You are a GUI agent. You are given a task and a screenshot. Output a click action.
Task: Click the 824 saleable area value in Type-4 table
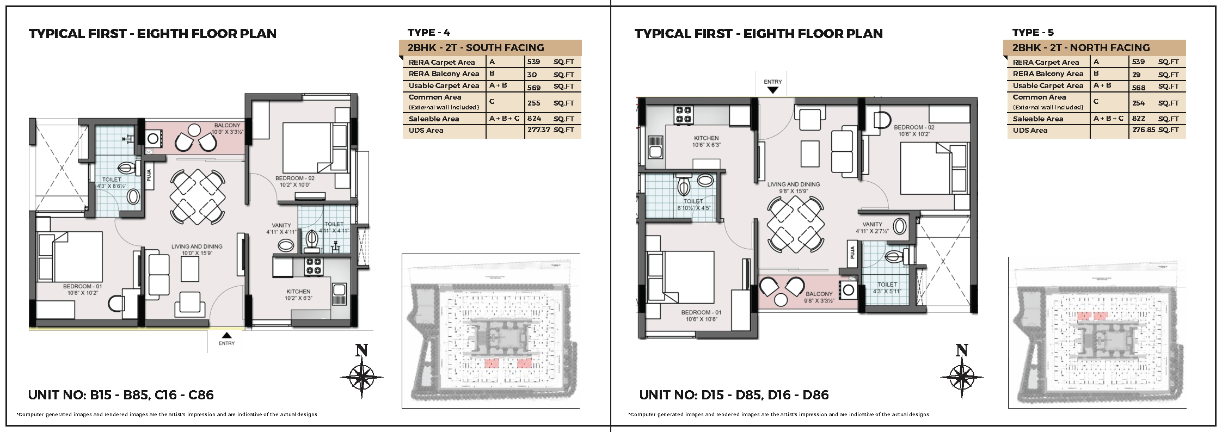pyautogui.click(x=534, y=118)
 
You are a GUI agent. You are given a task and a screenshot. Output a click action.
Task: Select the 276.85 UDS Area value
pyautogui.click(x=1143, y=130)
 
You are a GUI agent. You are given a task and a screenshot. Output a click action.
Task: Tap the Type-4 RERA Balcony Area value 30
pyautogui.click(x=532, y=75)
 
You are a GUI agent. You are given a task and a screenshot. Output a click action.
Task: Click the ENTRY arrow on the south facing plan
pyautogui.click(x=226, y=335)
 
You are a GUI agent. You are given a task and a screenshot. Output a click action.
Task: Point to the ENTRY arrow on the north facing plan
pyautogui.click(x=773, y=90)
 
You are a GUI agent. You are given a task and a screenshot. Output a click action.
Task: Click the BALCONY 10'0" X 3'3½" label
pyautogui.click(x=227, y=128)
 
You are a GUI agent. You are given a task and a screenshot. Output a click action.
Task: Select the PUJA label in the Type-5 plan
pyautogui.click(x=852, y=252)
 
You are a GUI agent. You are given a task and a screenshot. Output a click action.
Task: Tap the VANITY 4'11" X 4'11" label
pyautogui.click(x=281, y=229)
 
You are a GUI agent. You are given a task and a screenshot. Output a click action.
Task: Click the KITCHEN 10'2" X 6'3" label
pyautogui.click(x=298, y=294)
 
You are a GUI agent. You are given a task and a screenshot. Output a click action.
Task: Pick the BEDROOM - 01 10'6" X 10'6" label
pyautogui.click(x=701, y=316)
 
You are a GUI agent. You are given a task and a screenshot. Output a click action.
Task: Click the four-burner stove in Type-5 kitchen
pyautogui.click(x=684, y=114)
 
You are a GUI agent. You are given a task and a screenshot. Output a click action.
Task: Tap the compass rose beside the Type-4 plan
pyautogui.click(x=361, y=377)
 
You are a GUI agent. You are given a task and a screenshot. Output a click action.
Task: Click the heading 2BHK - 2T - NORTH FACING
pyautogui.click(x=1081, y=48)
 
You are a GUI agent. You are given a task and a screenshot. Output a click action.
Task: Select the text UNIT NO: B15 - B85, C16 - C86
pyautogui.click(x=121, y=395)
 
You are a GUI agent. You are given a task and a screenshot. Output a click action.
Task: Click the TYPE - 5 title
pyautogui.click(x=1033, y=33)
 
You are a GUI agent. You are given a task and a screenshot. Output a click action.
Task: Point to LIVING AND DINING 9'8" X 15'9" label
pyautogui.click(x=793, y=188)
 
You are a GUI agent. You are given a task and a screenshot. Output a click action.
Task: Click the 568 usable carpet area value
pyautogui.click(x=1139, y=88)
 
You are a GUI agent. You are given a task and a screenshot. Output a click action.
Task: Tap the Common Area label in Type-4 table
pyautogui.click(x=435, y=97)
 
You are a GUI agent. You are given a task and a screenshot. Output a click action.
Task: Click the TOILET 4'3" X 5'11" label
pyautogui.click(x=887, y=288)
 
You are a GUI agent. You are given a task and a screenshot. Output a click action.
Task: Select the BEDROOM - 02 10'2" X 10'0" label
pyautogui.click(x=294, y=181)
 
